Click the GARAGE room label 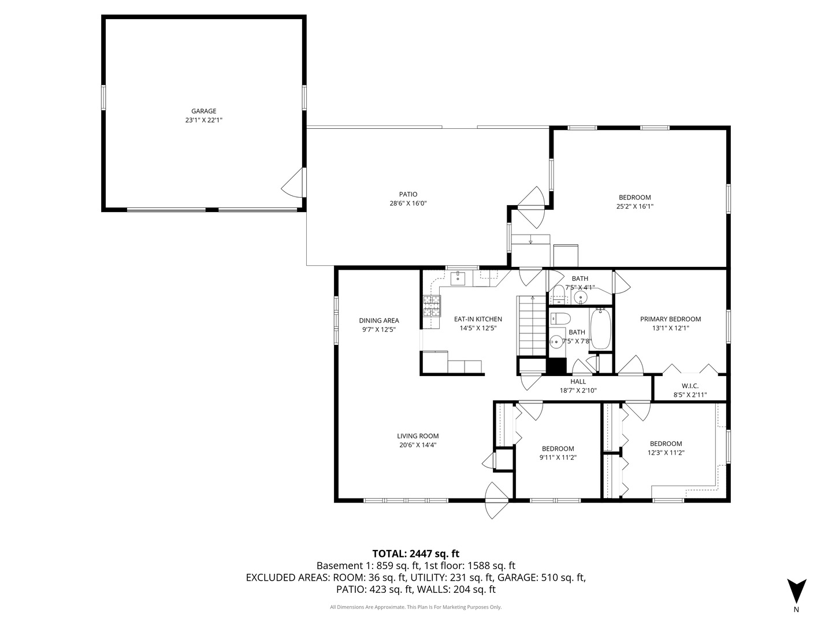click(203, 111)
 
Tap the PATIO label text click(408, 194)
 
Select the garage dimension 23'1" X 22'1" click(203, 120)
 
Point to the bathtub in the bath click(600, 329)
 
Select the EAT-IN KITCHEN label click(478, 319)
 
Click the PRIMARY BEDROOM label click(670, 319)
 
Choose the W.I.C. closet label click(690, 386)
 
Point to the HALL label click(578, 381)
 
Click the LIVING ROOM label click(418, 436)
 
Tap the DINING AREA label click(379, 321)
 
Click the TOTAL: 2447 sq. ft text click(416, 554)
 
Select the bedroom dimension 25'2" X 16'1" click(635, 206)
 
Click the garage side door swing click(292, 183)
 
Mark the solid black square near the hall click(556, 366)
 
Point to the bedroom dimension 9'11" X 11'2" click(558, 457)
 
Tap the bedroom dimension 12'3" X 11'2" click(666, 452)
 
